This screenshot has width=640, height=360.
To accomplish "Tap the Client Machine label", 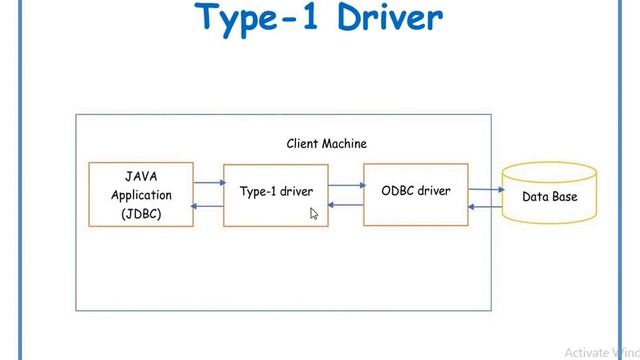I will tap(326, 144).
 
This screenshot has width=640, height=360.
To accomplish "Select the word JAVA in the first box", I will tap(141, 176).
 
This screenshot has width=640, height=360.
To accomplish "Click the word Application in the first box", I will tap(141, 195).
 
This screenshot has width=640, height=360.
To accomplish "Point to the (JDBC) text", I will tap(141, 214).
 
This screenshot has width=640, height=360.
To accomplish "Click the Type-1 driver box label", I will tap(276, 191).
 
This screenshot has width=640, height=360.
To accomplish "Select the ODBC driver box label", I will tap(415, 190).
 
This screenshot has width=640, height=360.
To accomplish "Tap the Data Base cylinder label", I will tap(549, 197).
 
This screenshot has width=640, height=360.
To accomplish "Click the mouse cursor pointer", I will tap(313, 213).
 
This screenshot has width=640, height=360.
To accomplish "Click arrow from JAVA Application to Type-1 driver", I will tap(208, 183).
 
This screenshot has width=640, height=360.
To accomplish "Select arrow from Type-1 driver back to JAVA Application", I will tap(208, 206).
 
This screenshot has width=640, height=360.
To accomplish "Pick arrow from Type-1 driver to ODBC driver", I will tap(346, 184).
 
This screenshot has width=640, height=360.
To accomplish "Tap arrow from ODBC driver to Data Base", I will tap(485, 188).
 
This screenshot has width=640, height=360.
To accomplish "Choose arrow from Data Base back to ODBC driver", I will tap(485, 207).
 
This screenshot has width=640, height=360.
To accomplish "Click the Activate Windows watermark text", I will tap(601, 352).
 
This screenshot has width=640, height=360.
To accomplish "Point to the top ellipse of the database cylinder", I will tap(549, 171).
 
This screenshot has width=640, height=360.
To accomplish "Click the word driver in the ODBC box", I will tap(433, 190).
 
